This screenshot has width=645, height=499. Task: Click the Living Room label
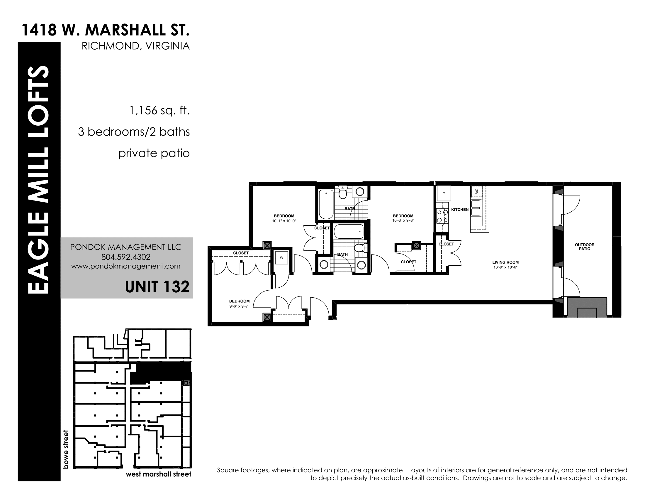click(x=505, y=262)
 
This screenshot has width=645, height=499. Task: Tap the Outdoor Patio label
click(x=584, y=247)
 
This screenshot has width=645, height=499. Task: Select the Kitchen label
click(x=460, y=210)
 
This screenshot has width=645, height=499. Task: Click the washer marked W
click(x=281, y=258)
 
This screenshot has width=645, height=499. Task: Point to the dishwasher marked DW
click(x=476, y=191)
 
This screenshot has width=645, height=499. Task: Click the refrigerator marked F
click(x=444, y=193)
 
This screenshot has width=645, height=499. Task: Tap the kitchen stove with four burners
click(x=442, y=216)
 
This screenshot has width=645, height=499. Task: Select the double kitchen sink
click(x=476, y=208)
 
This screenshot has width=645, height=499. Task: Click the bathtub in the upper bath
click(x=326, y=204)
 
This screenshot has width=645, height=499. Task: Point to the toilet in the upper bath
click(x=342, y=193)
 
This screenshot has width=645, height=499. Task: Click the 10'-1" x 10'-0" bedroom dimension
click(x=284, y=221)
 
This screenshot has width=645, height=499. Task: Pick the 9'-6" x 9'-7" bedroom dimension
click(x=239, y=306)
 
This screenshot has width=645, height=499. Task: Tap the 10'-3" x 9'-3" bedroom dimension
click(x=403, y=220)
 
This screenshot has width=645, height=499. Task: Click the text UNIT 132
click(x=157, y=287)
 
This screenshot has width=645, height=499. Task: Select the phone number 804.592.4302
click(x=126, y=257)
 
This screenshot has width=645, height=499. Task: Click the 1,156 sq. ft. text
click(x=159, y=111)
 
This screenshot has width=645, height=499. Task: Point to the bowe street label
click(x=66, y=449)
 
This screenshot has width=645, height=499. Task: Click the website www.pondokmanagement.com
click(x=126, y=266)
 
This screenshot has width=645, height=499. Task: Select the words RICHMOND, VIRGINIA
click(x=135, y=46)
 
